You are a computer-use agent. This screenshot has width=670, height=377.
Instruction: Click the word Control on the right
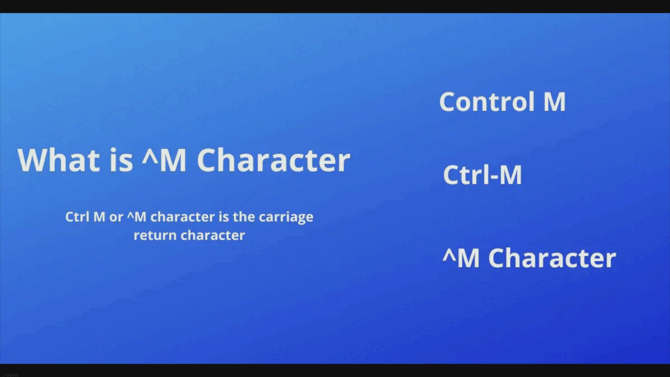click(x=487, y=102)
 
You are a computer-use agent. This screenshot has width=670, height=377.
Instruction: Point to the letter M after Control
click(x=554, y=102)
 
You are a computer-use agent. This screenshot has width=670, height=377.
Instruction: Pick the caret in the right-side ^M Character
click(x=449, y=254)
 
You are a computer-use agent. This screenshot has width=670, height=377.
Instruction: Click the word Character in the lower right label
click(x=552, y=258)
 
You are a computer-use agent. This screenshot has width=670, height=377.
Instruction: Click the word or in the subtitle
click(x=116, y=217)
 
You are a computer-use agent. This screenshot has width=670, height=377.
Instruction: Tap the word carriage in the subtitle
click(x=286, y=218)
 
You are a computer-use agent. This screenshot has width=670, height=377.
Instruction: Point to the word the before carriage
click(x=244, y=217)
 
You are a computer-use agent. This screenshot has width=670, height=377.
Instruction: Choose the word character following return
click(x=213, y=236)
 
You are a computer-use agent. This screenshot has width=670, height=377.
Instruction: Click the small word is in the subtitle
click(x=224, y=217)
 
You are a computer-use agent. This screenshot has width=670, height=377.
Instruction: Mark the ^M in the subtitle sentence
click(x=136, y=217)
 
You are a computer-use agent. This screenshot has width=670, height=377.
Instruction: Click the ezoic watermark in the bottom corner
click(x=12, y=375)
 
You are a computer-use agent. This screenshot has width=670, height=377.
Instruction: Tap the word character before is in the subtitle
click(x=183, y=217)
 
